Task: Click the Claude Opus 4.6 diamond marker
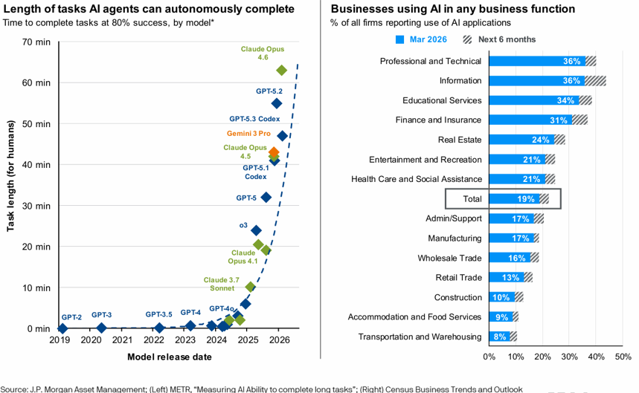(281, 71)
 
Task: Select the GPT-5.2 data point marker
(276, 103)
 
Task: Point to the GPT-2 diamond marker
(62, 328)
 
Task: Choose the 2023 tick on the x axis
(186, 341)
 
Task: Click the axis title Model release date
(170, 357)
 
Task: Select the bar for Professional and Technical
(536, 61)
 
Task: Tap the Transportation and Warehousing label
(420, 337)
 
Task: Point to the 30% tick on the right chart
(570, 356)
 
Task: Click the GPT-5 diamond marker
(266, 198)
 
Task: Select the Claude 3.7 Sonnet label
(222, 284)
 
